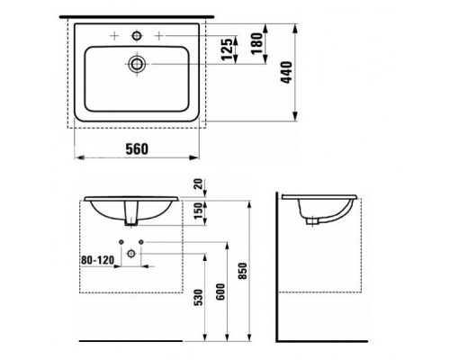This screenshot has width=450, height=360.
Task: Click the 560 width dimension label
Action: [136, 147]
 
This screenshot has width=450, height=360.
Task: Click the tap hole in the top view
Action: [136, 35]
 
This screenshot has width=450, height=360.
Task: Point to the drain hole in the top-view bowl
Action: [136, 64]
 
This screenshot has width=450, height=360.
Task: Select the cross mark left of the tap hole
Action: [113, 35]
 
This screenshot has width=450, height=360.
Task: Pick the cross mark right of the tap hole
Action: [159, 35]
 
